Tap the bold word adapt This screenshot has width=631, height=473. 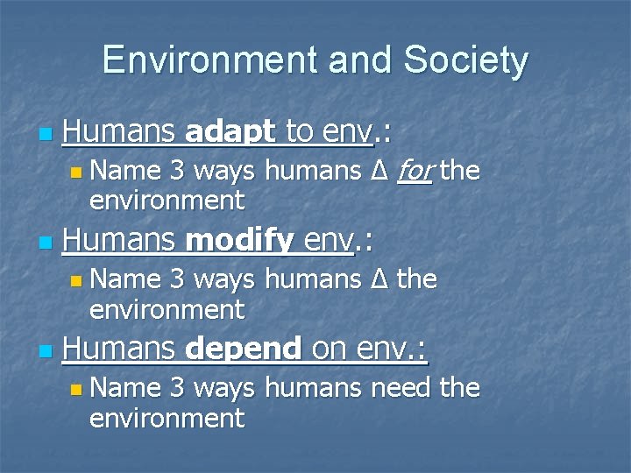point(230,133)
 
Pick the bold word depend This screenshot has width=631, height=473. point(245,349)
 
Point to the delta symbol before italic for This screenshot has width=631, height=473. point(379,171)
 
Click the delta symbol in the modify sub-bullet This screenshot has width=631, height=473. point(379,279)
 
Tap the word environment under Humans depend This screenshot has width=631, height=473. point(167,418)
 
